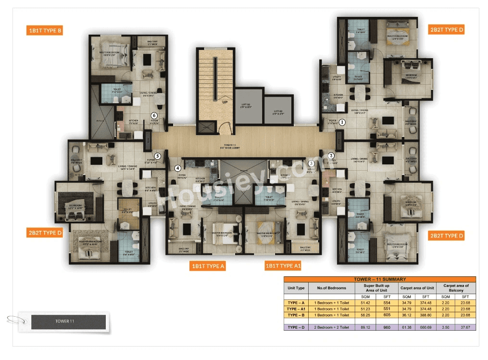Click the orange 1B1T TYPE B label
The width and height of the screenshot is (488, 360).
click(45, 31)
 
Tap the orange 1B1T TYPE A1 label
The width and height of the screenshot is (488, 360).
click(283, 265)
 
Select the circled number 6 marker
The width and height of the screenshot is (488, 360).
click(154, 115)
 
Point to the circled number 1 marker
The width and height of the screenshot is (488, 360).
click(342, 122)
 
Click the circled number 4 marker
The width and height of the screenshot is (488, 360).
click(178, 168)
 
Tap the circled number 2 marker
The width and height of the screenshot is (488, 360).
click(331, 155)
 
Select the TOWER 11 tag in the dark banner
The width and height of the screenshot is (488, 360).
click(65, 322)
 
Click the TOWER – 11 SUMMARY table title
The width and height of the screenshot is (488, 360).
click(379, 279)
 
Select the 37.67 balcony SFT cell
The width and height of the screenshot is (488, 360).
click(465, 327)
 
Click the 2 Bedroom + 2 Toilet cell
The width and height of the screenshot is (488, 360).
click(331, 327)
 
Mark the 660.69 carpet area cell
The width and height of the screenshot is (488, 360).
click(426, 327)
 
